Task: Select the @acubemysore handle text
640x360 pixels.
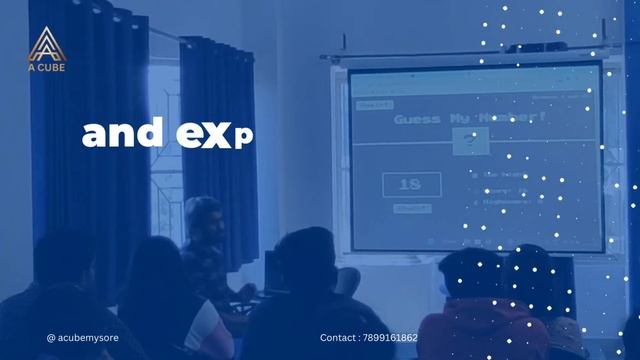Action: pos(82,338)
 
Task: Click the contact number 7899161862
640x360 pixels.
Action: pos(391,338)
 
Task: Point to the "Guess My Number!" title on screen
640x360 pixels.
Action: pos(469,119)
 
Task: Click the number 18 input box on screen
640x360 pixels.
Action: pos(410,185)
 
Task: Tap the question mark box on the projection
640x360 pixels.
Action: pos(467,144)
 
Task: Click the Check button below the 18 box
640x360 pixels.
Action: pos(411,209)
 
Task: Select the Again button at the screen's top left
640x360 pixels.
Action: pos(374,104)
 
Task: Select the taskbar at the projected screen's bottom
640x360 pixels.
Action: pos(470,243)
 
